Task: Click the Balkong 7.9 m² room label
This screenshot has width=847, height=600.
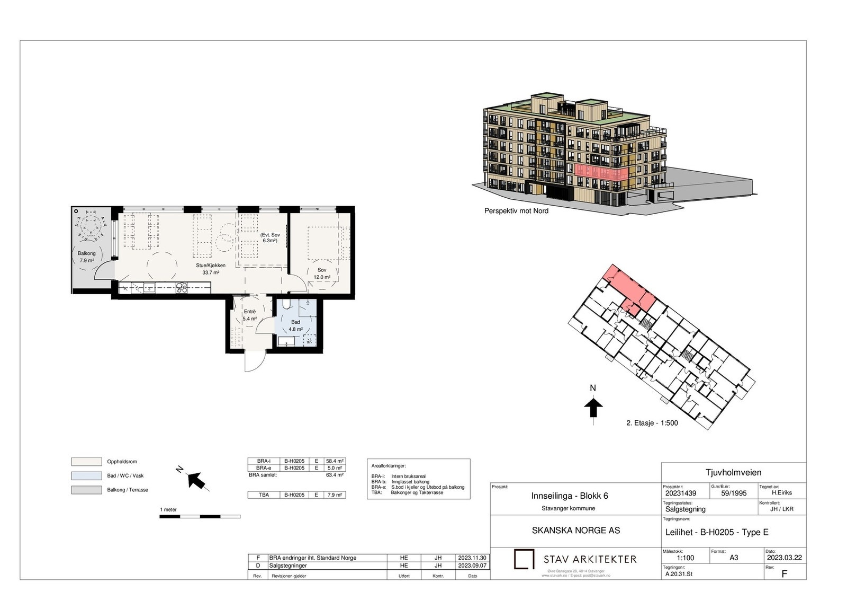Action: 87,257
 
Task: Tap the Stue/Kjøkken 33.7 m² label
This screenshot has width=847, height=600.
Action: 210,269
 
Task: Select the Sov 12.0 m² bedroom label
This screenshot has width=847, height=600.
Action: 322,273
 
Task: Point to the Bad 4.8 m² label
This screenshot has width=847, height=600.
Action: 295,325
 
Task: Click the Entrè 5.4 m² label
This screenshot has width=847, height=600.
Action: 250,315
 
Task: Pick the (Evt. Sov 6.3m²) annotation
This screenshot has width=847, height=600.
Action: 270,237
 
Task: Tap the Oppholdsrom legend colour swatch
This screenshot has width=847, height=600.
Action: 86,462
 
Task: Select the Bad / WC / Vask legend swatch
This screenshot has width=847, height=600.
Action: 86,476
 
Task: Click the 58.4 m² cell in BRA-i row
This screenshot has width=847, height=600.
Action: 335,461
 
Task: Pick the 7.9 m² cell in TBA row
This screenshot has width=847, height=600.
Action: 335,495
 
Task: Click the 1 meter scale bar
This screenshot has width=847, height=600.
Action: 200,516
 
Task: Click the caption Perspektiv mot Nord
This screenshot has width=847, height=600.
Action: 516,211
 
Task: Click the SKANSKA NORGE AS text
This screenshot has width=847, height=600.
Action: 576,531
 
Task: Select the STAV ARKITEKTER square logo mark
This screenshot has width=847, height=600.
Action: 524,559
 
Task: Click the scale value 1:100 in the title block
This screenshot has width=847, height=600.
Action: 685,558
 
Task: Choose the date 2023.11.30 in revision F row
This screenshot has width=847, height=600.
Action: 471,558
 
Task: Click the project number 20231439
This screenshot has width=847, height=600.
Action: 681,493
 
